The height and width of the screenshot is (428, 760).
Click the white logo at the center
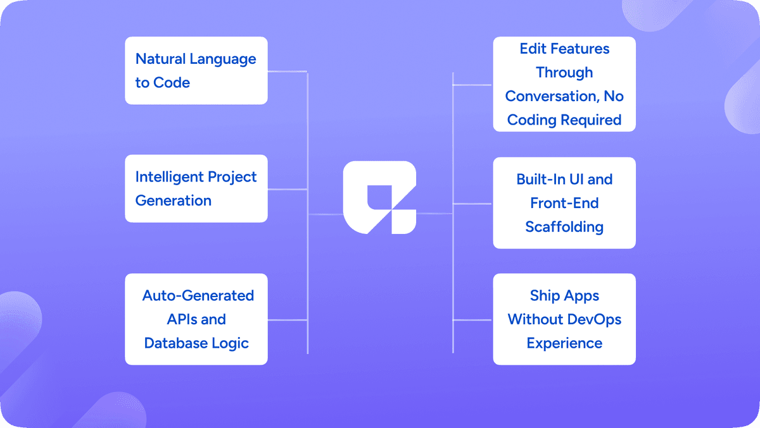pos(379,198)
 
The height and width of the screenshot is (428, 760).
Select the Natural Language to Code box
pos(196,71)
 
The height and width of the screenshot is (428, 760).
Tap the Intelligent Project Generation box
pos(196,188)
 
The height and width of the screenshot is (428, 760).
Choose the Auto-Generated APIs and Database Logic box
pos(196,319)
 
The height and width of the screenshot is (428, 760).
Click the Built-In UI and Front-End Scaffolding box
pos(564,203)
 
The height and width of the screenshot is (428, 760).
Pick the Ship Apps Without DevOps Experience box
pos(564,319)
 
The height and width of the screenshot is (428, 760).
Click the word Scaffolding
pos(564,226)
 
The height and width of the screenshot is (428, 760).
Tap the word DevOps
pos(595,319)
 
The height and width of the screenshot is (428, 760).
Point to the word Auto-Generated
pos(198,296)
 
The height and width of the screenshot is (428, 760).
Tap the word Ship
pos(546,296)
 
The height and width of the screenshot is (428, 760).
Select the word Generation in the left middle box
pos(173,201)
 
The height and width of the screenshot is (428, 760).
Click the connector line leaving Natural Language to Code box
pos(288,71)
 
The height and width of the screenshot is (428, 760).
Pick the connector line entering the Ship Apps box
pos(472,320)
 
